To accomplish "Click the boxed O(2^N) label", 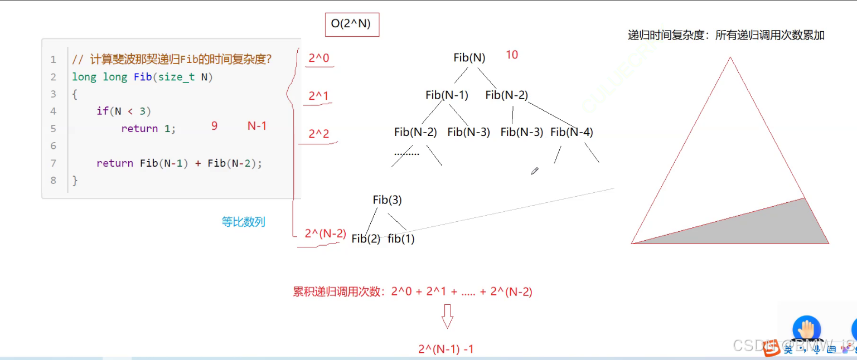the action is click(x=351, y=24).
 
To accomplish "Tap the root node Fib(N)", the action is click(x=469, y=57).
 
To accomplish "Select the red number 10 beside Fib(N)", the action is click(x=512, y=55).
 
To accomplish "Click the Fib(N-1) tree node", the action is click(x=447, y=95).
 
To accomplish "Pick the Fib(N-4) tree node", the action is click(x=572, y=132).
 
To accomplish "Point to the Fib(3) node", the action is click(x=387, y=200).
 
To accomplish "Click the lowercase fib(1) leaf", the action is click(x=401, y=239).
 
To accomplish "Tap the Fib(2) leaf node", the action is click(x=366, y=239).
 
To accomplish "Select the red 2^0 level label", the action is click(x=319, y=57).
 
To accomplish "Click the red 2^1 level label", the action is click(x=319, y=96).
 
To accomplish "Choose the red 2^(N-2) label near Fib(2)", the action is click(x=325, y=234).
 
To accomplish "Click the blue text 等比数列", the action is click(x=243, y=222).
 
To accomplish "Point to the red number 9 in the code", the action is click(x=214, y=127).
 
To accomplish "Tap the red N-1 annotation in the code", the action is click(x=256, y=127).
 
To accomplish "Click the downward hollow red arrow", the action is click(x=447, y=316).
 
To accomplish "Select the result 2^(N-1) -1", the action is click(x=446, y=349).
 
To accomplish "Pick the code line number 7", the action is click(x=54, y=163).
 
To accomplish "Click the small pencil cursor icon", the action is click(x=535, y=171).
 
